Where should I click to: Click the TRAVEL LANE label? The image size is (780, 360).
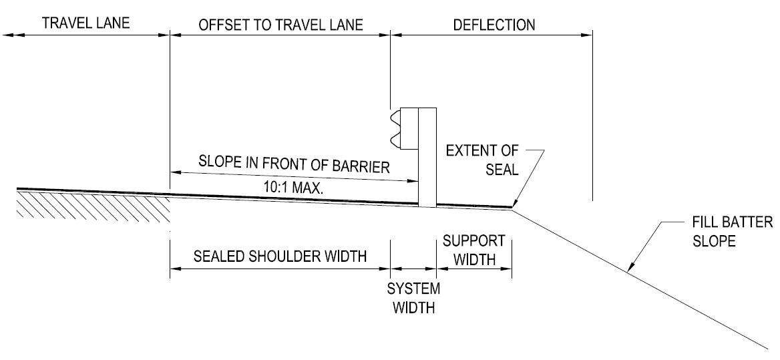pos(85,25)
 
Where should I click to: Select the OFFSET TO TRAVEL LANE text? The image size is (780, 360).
pos(280,25)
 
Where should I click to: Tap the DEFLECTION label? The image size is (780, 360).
pos(494,25)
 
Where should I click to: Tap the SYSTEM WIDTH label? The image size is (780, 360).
pos(414,299)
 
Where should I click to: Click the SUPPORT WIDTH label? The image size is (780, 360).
pos(473,249)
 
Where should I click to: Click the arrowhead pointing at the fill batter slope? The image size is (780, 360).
pos(629,268)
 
